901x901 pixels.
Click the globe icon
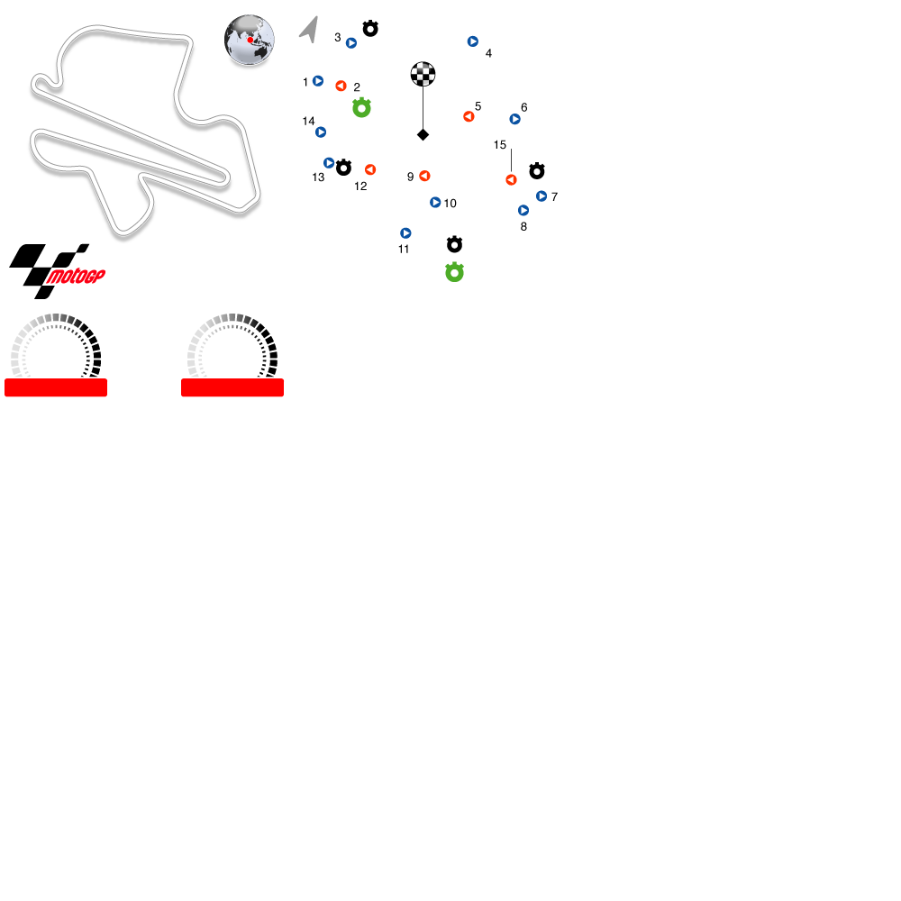click(x=250, y=40)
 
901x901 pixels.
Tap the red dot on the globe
click(x=250, y=40)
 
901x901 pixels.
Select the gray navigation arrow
click(x=310, y=29)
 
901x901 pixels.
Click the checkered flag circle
click(x=423, y=74)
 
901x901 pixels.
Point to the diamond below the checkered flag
click(x=423, y=135)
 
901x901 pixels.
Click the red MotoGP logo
click(x=76, y=277)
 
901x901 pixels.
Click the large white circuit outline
click(x=144, y=126)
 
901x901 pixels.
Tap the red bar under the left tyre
click(x=56, y=387)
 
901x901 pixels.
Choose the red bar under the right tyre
click(x=232, y=387)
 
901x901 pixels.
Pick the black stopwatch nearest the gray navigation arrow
click(x=370, y=29)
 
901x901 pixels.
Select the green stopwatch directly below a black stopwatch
click(x=454, y=272)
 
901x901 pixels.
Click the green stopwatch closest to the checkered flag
click(x=361, y=108)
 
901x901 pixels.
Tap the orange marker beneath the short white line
click(x=511, y=180)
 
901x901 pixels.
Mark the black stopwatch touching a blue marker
click(x=343, y=168)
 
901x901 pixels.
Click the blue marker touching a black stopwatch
click(x=329, y=163)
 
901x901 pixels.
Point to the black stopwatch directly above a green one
click(x=454, y=244)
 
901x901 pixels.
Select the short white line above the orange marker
click(x=511, y=159)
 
